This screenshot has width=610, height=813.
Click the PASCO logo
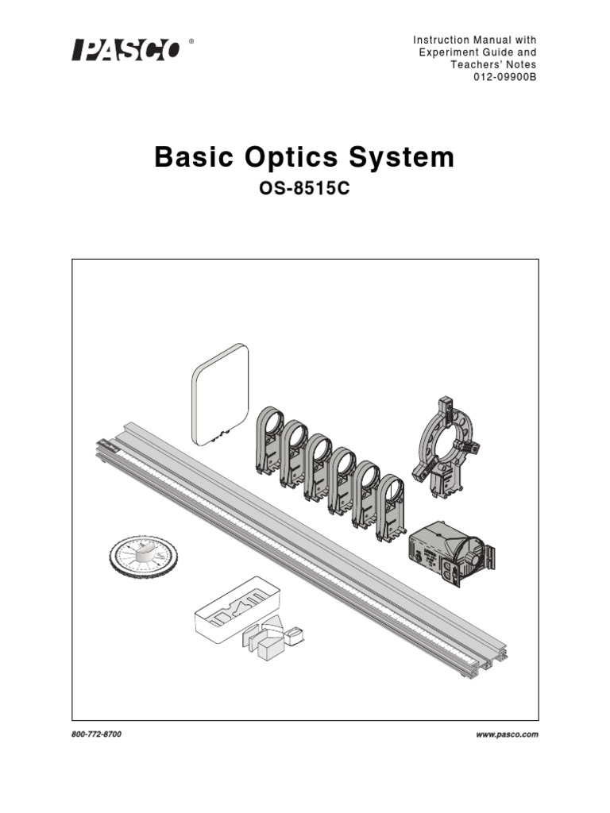coord(127,50)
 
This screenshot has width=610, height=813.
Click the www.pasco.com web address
coord(507,734)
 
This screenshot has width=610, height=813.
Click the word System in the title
coord(411,157)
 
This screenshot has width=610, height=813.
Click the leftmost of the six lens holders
coord(270,440)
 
